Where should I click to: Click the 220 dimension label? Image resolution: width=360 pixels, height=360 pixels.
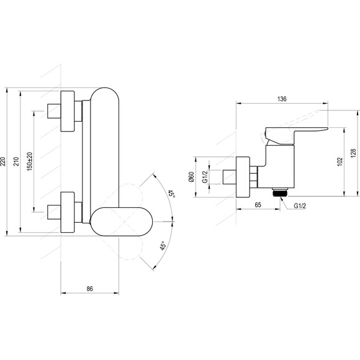point(2,161)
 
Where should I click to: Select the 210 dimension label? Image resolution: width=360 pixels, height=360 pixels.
point(16,161)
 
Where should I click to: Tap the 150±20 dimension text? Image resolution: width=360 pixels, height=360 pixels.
point(30,161)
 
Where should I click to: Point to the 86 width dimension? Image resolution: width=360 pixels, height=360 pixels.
point(90,289)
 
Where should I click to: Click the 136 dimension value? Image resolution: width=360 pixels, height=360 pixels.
point(282,99)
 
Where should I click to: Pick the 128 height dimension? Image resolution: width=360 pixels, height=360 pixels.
point(354,153)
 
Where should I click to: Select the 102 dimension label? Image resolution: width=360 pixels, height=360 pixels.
point(340,161)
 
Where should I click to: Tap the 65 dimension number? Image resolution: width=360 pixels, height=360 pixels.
point(258,205)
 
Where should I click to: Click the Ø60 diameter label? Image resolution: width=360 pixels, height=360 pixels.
point(191,177)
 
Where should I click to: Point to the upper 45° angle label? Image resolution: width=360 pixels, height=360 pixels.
point(171,194)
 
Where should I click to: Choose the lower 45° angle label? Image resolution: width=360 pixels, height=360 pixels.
point(163,246)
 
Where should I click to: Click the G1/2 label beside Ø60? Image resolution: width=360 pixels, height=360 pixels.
point(205,176)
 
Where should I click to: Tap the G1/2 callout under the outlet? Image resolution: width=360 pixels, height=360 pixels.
point(300,205)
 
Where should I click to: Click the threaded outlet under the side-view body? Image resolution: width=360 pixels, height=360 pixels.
point(280,192)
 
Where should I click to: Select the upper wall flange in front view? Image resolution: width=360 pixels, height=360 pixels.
point(68,111)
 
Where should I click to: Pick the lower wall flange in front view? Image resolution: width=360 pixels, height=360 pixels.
point(68,212)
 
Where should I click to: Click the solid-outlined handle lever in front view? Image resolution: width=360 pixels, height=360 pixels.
point(121,222)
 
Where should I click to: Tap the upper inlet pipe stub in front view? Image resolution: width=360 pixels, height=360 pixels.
point(54,111)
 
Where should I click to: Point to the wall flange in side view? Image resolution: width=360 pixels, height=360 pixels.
point(243,177)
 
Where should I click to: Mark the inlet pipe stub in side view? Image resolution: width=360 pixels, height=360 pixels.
point(230,177)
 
